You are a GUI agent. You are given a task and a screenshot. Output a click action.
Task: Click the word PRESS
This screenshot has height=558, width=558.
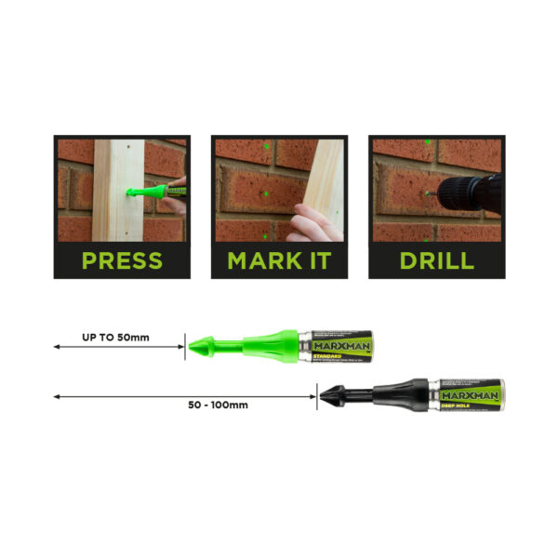point(122,259)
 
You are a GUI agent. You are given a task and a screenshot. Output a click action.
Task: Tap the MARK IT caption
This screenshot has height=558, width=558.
point(279,259)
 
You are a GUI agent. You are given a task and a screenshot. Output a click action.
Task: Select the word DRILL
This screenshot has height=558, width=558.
point(435,259)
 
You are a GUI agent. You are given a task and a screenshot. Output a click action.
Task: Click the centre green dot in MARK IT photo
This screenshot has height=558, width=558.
point(265,194)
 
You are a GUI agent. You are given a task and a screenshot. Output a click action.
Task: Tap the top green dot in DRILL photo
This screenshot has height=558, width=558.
point(427,142)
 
